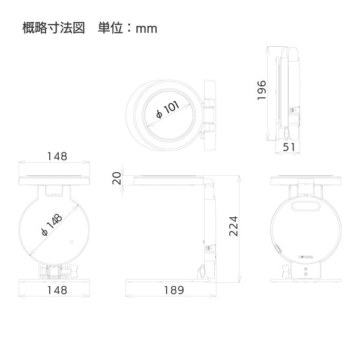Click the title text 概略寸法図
[54, 28]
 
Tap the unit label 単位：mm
[128, 28]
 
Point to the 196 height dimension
[262, 90]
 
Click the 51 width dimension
[289, 147]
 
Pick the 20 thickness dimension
[117, 178]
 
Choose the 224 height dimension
[233, 226]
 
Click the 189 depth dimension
[174, 290]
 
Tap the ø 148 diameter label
[52, 225]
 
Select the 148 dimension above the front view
[57, 157]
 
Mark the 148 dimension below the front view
[57, 290]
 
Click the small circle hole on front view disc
[71, 242]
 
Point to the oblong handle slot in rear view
[305, 206]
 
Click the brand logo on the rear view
[306, 257]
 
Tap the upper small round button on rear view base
[305, 269]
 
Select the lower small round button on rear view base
[305, 274]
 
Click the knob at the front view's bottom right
[75, 271]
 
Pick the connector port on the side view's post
[209, 248]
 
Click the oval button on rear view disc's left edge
[278, 249]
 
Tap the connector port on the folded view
[293, 110]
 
